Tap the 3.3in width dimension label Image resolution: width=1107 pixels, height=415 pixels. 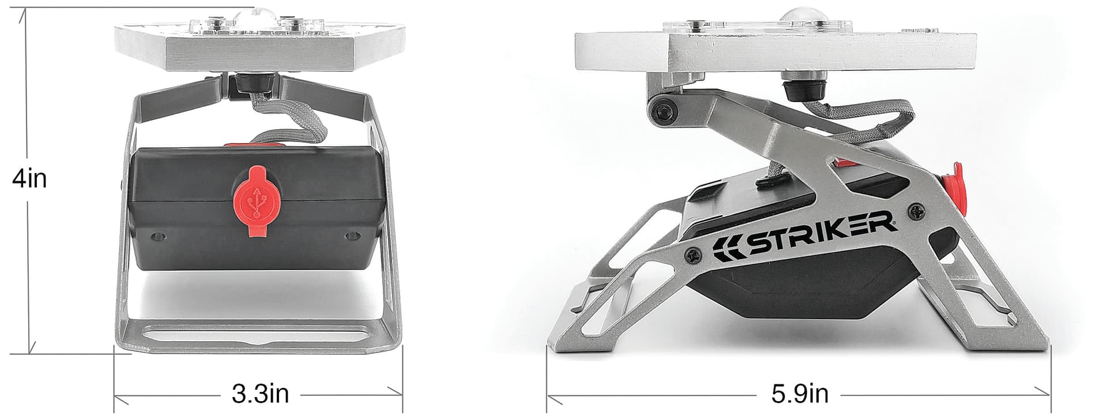click(x=260, y=394)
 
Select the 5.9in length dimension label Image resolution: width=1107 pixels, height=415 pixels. click(x=800, y=394)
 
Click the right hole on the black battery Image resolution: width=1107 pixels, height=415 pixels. click(x=351, y=236)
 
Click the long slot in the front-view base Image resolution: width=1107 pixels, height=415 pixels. click(x=257, y=334)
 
